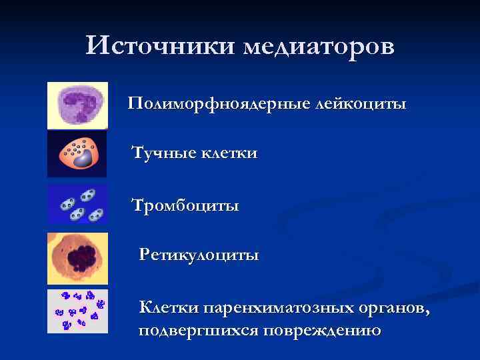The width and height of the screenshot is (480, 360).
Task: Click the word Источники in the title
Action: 160,47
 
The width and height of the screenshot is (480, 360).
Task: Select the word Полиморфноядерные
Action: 219,104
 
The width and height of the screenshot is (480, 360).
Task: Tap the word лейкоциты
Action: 361,104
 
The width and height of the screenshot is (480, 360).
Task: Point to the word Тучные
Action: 164,153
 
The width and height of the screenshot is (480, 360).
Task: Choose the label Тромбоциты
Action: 185,204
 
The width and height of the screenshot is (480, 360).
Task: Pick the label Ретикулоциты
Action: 199,254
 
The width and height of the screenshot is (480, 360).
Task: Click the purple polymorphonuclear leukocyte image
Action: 77,105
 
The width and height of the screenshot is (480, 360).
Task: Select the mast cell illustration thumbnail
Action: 77,153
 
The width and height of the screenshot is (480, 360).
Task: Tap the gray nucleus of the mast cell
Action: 83,159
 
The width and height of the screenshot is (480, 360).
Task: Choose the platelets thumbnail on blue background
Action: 77,204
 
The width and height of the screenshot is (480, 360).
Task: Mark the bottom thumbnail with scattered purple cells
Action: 77,311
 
